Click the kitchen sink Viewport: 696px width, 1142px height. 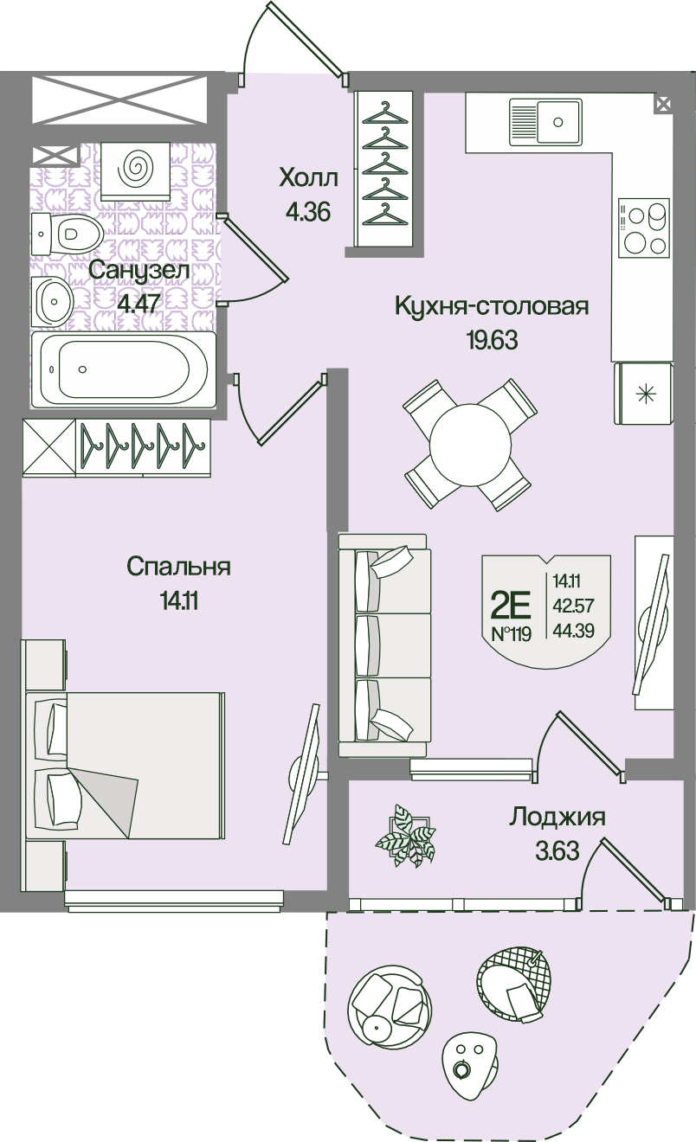(x=545, y=121)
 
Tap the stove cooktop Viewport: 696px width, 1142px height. (x=643, y=228)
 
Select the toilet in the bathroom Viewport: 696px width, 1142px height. (x=67, y=234)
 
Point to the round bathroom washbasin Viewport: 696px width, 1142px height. (x=53, y=301)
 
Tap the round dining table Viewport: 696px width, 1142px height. (x=470, y=445)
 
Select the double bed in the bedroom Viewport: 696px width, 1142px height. (x=125, y=765)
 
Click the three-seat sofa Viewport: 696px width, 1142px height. (x=384, y=645)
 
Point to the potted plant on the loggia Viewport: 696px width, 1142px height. (x=406, y=835)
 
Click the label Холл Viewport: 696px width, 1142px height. (x=309, y=178)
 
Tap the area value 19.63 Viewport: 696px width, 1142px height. (x=493, y=340)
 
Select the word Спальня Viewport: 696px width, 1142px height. (x=178, y=567)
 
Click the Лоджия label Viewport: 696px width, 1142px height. (x=557, y=818)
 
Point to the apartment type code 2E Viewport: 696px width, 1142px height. (x=511, y=605)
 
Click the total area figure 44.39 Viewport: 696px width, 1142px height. (x=574, y=631)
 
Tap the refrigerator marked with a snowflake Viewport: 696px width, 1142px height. (x=643, y=393)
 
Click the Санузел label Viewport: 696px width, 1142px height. (x=139, y=270)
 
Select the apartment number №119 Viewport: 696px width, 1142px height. (x=511, y=634)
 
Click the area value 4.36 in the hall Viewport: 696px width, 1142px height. (x=308, y=212)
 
